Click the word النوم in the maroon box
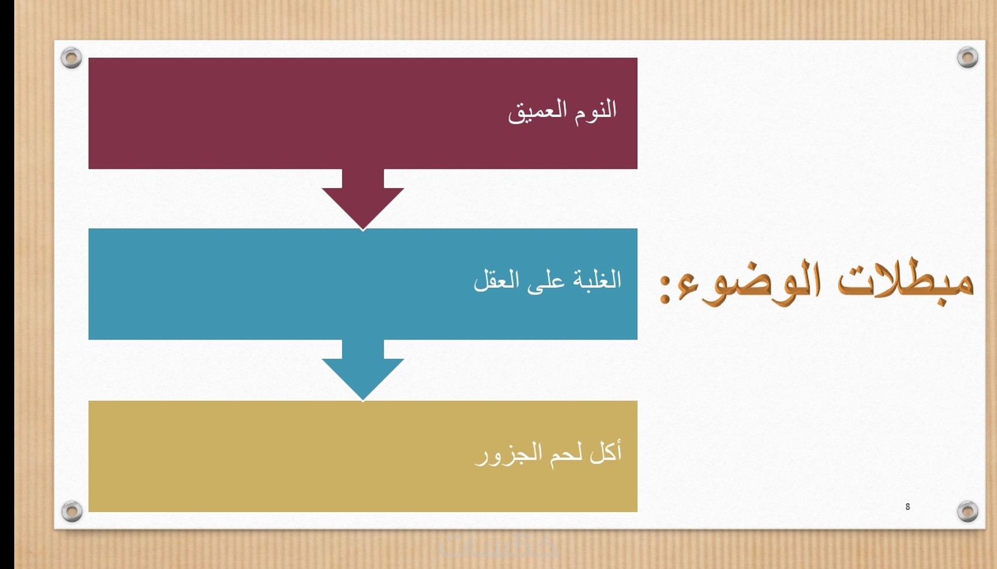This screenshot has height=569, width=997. click(595, 110)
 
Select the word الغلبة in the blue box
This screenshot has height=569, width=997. click(597, 280)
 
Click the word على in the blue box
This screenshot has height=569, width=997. click(546, 282)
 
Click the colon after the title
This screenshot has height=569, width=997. click(664, 289)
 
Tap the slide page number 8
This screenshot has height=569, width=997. click(907, 507)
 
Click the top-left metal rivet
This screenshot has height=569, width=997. click(71, 57)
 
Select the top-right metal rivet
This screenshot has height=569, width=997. click(968, 57)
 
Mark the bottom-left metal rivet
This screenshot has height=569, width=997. click(72, 511)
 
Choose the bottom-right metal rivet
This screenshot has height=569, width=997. click(968, 511)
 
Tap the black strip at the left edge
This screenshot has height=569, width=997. click(6, 284)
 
